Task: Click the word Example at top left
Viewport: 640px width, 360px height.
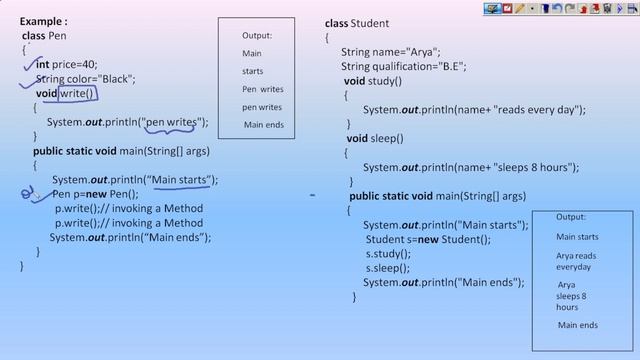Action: click(43, 20)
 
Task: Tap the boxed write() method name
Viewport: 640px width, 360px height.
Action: click(76, 94)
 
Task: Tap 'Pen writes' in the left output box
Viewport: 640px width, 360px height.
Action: click(262, 89)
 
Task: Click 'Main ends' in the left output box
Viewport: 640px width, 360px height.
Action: click(264, 125)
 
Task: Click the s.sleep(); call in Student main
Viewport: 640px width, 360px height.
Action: click(388, 268)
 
